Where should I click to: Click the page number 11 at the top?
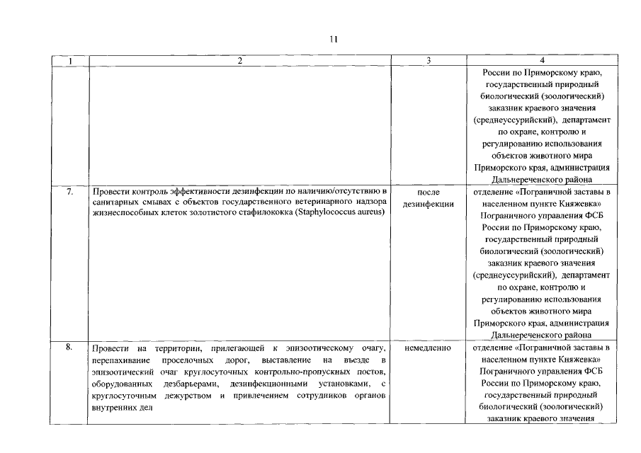coord(333,39)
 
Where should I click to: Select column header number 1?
coord(69,62)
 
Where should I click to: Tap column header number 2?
coord(239,62)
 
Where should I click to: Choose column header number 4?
coord(542,62)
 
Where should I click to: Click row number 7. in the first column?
coord(70,192)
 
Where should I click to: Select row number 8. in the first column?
coord(70,348)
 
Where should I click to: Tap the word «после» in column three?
coord(429,192)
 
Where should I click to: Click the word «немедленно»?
coord(429,348)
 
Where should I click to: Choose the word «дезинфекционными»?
coord(272,383)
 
